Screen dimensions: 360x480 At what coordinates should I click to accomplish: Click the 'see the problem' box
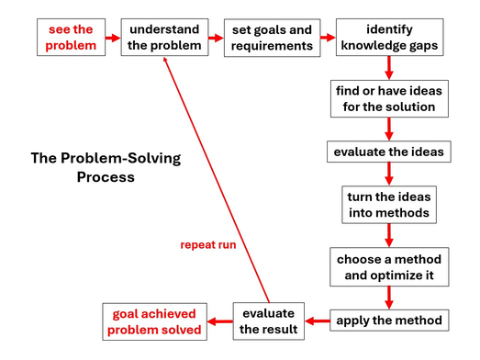coord(71,38)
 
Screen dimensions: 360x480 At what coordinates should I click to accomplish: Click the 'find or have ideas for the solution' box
coord(390,99)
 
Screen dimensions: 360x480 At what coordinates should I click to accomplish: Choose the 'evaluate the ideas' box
coord(390,152)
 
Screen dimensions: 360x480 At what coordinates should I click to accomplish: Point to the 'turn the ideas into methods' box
coord(390,205)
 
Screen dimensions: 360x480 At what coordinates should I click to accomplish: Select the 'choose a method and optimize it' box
coord(390,266)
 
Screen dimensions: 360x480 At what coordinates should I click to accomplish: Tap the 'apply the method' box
coord(390,321)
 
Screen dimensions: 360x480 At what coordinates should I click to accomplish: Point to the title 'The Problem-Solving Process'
coord(106,167)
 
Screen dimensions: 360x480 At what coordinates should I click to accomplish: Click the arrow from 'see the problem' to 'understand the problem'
coord(112,38)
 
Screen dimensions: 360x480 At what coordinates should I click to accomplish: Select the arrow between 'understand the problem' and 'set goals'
coord(217,38)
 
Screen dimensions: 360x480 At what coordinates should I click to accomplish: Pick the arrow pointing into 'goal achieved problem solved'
coord(218,321)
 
